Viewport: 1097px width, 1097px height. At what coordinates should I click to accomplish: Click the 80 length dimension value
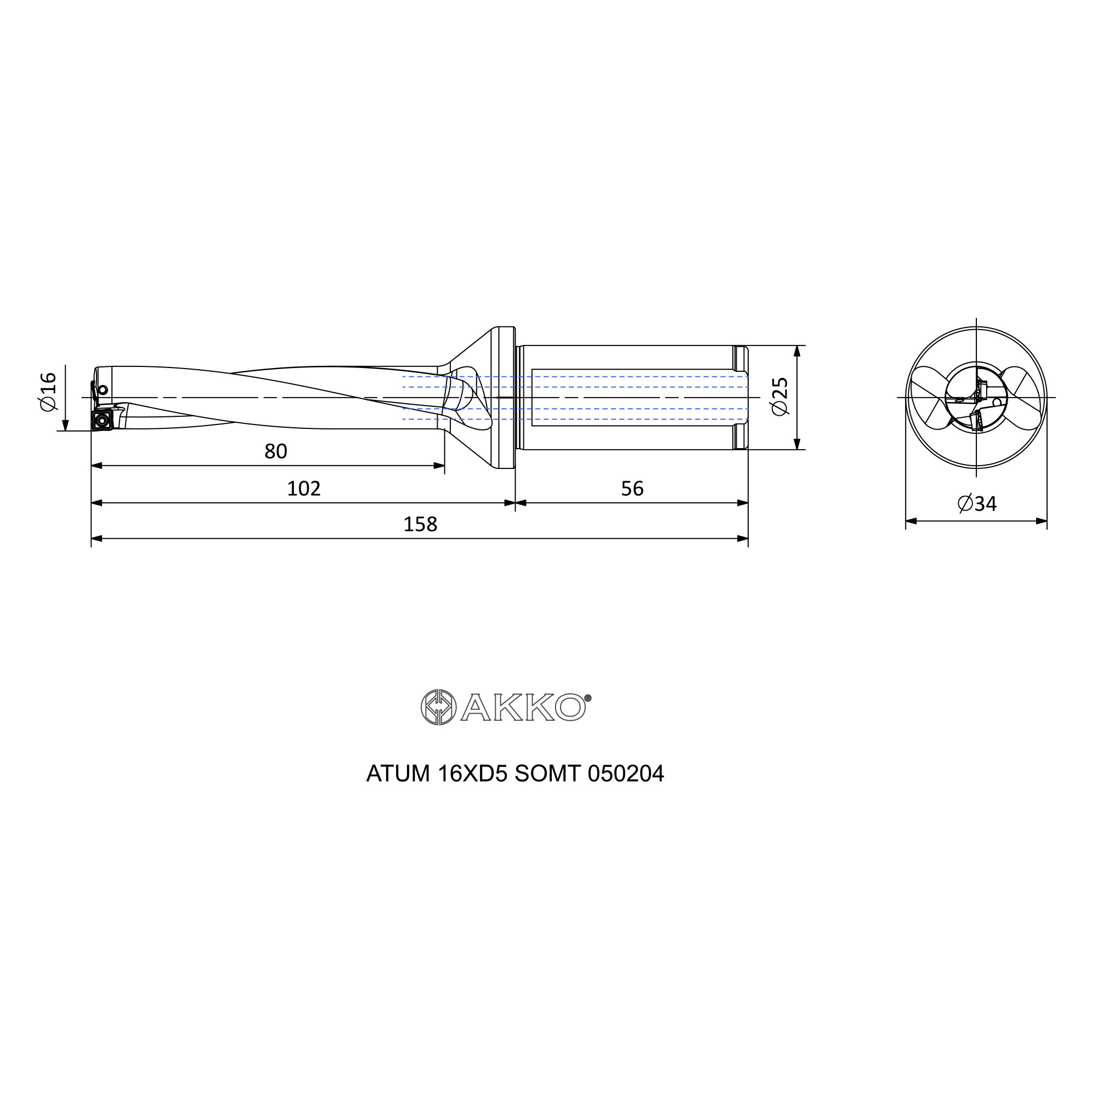pyautogui.click(x=276, y=451)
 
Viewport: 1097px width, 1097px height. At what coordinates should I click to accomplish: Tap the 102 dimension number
pyautogui.click(x=304, y=488)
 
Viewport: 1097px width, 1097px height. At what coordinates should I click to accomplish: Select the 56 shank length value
pyautogui.click(x=632, y=488)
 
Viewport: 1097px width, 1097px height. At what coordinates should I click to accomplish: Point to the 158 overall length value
pyautogui.click(x=420, y=524)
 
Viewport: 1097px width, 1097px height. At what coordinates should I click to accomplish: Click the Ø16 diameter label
pyautogui.click(x=48, y=392)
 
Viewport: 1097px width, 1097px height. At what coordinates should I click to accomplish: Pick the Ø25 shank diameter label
pyautogui.click(x=781, y=397)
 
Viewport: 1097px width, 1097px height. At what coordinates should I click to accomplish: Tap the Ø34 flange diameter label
pyautogui.click(x=977, y=504)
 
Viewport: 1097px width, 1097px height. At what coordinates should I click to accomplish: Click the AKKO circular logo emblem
pyautogui.click(x=438, y=707)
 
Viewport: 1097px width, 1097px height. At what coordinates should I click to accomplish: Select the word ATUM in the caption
pyautogui.click(x=398, y=774)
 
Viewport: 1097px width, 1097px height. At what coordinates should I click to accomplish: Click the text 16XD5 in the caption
pyautogui.click(x=472, y=774)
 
